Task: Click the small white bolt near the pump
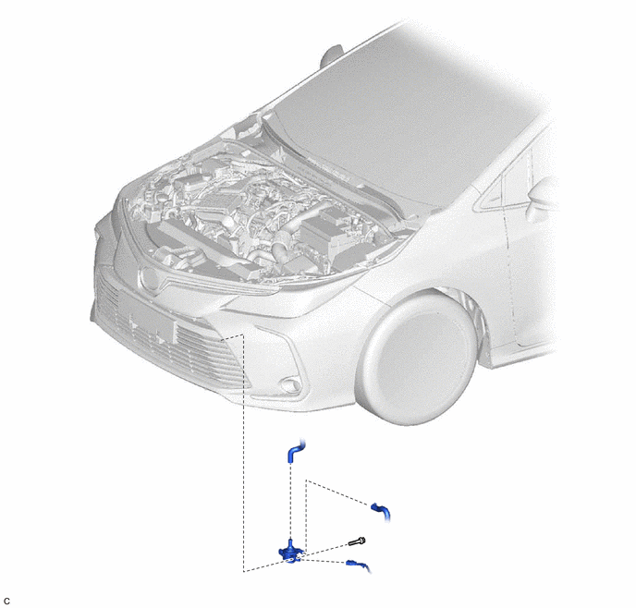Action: click(358, 541)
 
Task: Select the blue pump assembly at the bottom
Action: click(291, 552)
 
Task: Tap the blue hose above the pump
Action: click(295, 450)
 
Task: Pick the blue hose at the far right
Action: click(381, 512)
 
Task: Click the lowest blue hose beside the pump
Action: click(358, 565)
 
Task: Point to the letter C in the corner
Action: click(6, 602)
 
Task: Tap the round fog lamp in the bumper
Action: click(290, 385)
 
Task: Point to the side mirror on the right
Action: click(543, 199)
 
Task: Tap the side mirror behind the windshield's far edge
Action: click(332, 56)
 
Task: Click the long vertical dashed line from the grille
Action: click(243, 453)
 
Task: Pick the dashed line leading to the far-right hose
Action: click(337, 492)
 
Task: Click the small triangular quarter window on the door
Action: click(492, 194)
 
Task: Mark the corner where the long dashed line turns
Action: click(243, 571)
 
